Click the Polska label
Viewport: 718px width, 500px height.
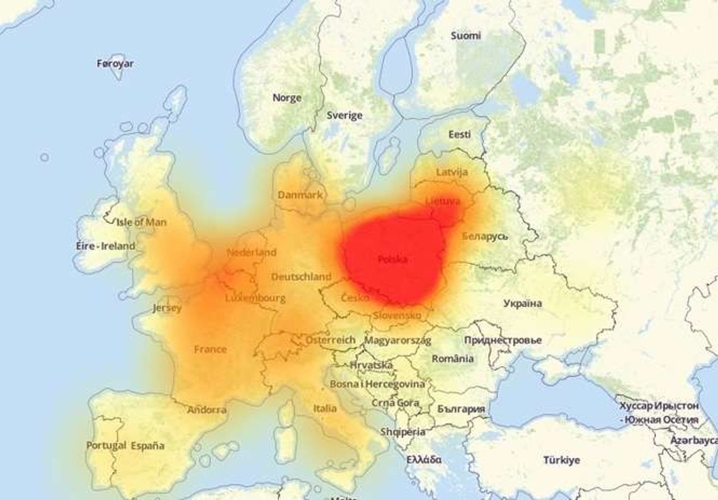pyautogui.click(x=392, y=259)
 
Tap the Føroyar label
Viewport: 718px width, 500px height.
pyautogui.click(x=115, y=64)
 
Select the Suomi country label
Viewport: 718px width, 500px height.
pyautogui.click(x=465, y=36)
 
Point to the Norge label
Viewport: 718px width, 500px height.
pyautogui.click(x=287, y=98)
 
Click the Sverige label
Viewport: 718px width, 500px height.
pyautogui.click(x=345, y=115)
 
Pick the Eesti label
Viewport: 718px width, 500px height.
pyautogui.click(x=459, y=134)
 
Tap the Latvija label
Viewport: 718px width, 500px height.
pyautogui.click(x=452, y=172)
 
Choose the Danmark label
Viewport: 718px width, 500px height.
pyautogui.click(x=300, y=195)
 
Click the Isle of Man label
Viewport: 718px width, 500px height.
pyautogui.click(x=142, y=222)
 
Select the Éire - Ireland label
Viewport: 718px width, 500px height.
pyautogui.click(x=102, y=246)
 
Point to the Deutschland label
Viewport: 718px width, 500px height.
pyautogui.click(x=301, y=276)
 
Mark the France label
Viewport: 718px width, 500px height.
pyautogui.click(x=210, y=349)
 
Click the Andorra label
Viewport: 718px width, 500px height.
pyautogui.click(x=207, y=410)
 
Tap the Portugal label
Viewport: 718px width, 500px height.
pyautogui.click(x=106, y=445)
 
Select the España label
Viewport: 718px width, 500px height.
pyautogui.click(x=148, y=445)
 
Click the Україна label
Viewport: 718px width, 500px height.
pyautogui.click(x=523, y=304)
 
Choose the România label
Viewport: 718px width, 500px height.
pyautogui.click(x=453, y=358)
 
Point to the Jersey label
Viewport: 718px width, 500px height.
pyautogui.click(x=167, y=308)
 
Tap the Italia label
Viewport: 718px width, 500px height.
pyautogui.click(x=325, y=409)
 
